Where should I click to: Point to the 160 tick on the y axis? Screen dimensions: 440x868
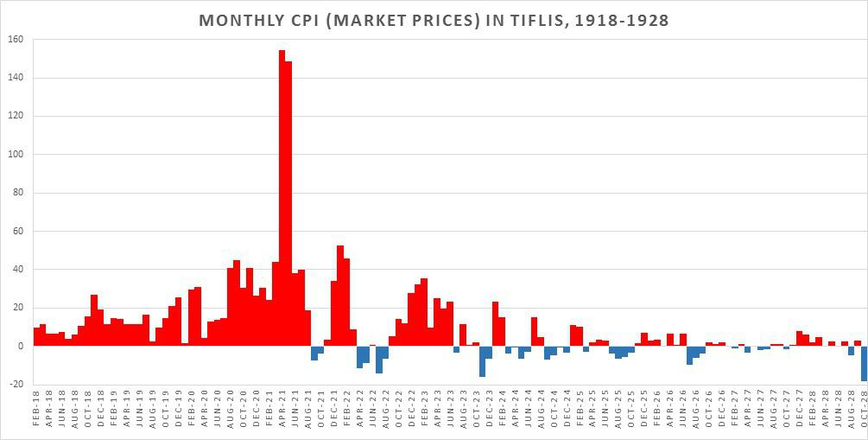point(16,40)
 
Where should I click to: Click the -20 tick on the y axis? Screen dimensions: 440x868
point(16,384)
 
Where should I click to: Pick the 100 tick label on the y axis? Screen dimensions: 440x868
point(16,155)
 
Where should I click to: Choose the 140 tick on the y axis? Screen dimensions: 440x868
point(16,78)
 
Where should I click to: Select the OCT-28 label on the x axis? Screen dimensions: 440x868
point(864,414)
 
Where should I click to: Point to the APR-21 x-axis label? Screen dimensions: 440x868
point(282,414)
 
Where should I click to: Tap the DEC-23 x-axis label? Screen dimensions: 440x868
point(489,414)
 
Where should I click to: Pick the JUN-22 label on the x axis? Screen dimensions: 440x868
point(372,414)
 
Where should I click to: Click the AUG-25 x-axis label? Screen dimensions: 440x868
point(618,414)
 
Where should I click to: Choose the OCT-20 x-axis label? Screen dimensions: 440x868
point(244,414)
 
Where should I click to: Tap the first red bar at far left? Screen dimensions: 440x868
point(37,336)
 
